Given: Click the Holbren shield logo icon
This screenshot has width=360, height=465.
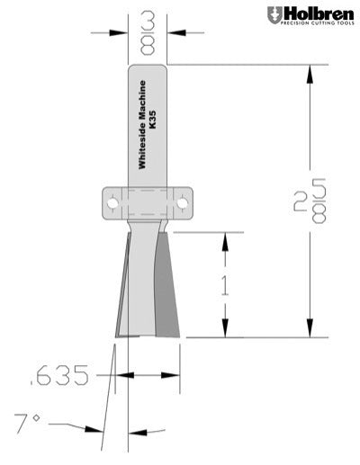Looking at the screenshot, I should [274, 14].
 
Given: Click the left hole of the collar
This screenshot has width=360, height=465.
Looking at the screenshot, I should [112, 203].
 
